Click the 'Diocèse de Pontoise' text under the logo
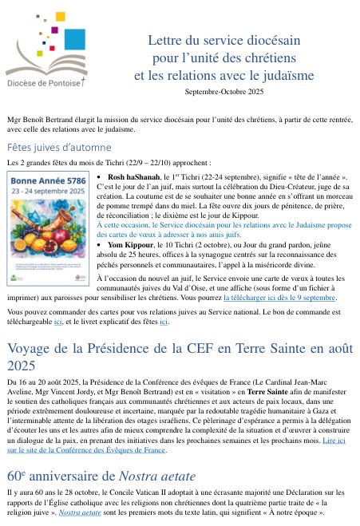pyautogui.click(x=44, y=81)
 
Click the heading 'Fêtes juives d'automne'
pyautogui.click(x=59, y=147)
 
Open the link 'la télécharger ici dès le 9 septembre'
pyautogui.click(x=280, y=297)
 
